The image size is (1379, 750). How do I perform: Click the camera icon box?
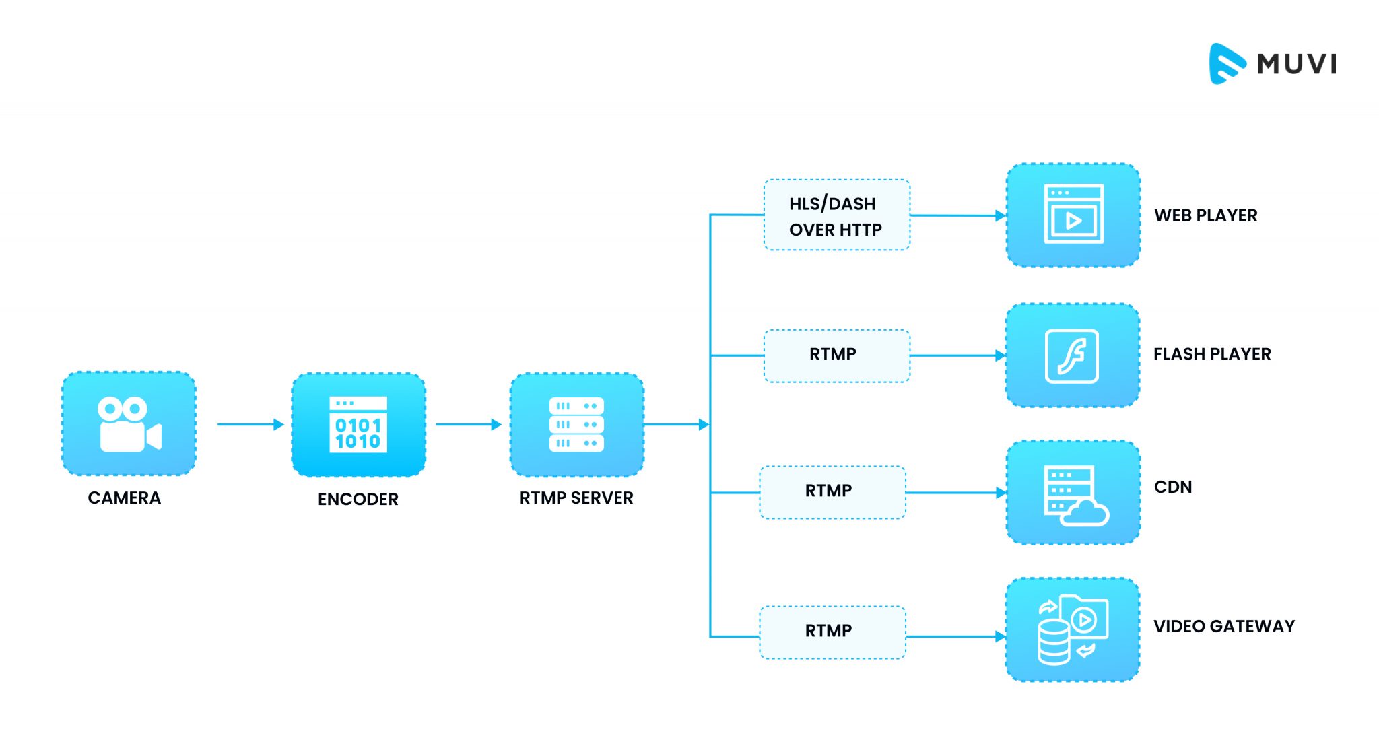point(129,423)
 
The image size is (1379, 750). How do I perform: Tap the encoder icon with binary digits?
point(358,425)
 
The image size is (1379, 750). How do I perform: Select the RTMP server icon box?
point(577,425)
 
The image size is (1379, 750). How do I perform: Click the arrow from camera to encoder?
point(250,424)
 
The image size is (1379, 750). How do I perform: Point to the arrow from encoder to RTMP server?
point(468,424)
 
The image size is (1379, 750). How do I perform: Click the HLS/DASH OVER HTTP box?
point(836,215)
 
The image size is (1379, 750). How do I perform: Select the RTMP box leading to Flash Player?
point(836,355)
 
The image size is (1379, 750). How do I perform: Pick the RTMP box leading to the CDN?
point(832,492)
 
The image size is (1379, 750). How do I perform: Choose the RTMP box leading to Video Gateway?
point(832,632)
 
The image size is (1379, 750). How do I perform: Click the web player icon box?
point(1073,215)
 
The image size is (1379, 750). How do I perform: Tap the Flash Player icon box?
point(1072,355)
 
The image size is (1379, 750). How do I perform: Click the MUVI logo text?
point(1297,64)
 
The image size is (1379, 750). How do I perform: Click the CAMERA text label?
point(125,498)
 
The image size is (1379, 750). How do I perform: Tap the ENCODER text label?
point(358,500)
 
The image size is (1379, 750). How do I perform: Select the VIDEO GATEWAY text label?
point(1223,627)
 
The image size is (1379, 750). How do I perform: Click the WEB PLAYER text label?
point(1205,216)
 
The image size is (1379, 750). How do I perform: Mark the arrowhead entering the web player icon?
point(1001,215)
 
